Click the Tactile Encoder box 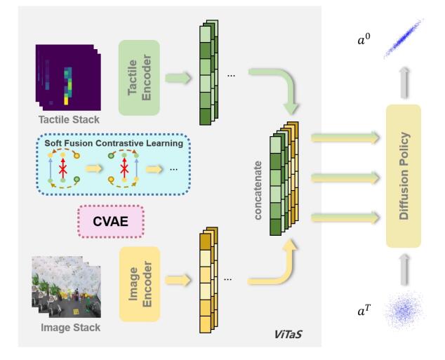click(x=139, y=78)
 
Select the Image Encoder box click(x=140, y=284)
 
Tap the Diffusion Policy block click(x=404, y=176)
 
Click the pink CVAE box click(x=111, y=222)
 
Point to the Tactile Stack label click(x=69, y=120)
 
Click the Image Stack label click(x=70, y=328)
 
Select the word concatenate click(x=258, y=190)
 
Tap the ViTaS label click(x=288, y=334)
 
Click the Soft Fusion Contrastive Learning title click(x=114, y=143)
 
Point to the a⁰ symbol click(x=364, y=40)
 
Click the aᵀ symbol click(x=364, y=311)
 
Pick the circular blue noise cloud click(x=404, y=311)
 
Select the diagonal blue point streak click(x=404, y=39)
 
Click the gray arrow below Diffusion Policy click(x=405, y=269)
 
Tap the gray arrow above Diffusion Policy click(x=405, y=83)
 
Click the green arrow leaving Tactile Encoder click(x=178, y=78)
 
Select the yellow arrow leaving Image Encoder click(x=178, y=280)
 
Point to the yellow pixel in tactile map click(x=66, y=101)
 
